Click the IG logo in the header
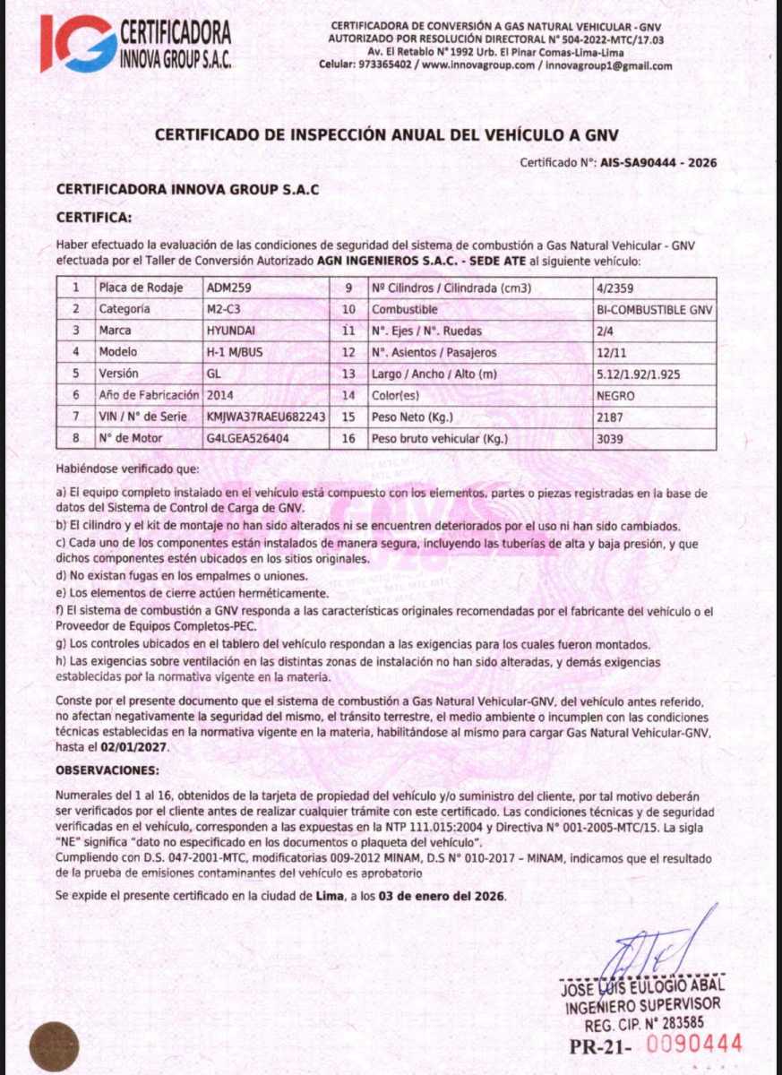pyautogui.click(x=78, y=44)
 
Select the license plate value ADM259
pyautogui.click(x=225, y=288)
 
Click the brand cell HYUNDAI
pyautogui.click(x=231, y=331)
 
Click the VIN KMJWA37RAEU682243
pyautogui.click(x=265, y=417)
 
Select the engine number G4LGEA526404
pyautogui.click(x=248, y=439)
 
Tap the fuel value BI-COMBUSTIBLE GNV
pyautogui.click(x=654, y=309)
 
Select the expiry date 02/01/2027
pyautogui.click(x=134, y=745)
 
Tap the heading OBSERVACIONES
pyautogui.click(x=107, y=770)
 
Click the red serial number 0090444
pyautogui.click(x=694, y=1044)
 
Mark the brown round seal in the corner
pyautogui.click(x=53, y=1045)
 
